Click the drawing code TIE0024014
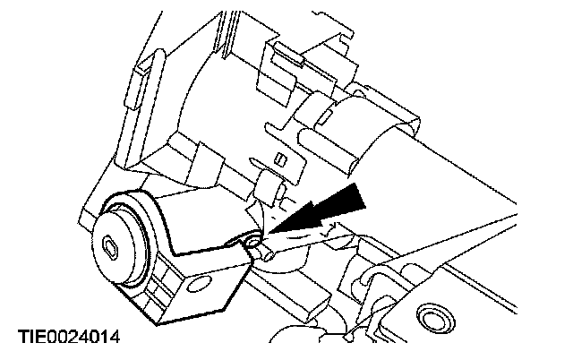68,337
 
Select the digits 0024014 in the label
84,337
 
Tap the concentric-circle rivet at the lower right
434,318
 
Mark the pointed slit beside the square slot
283,191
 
